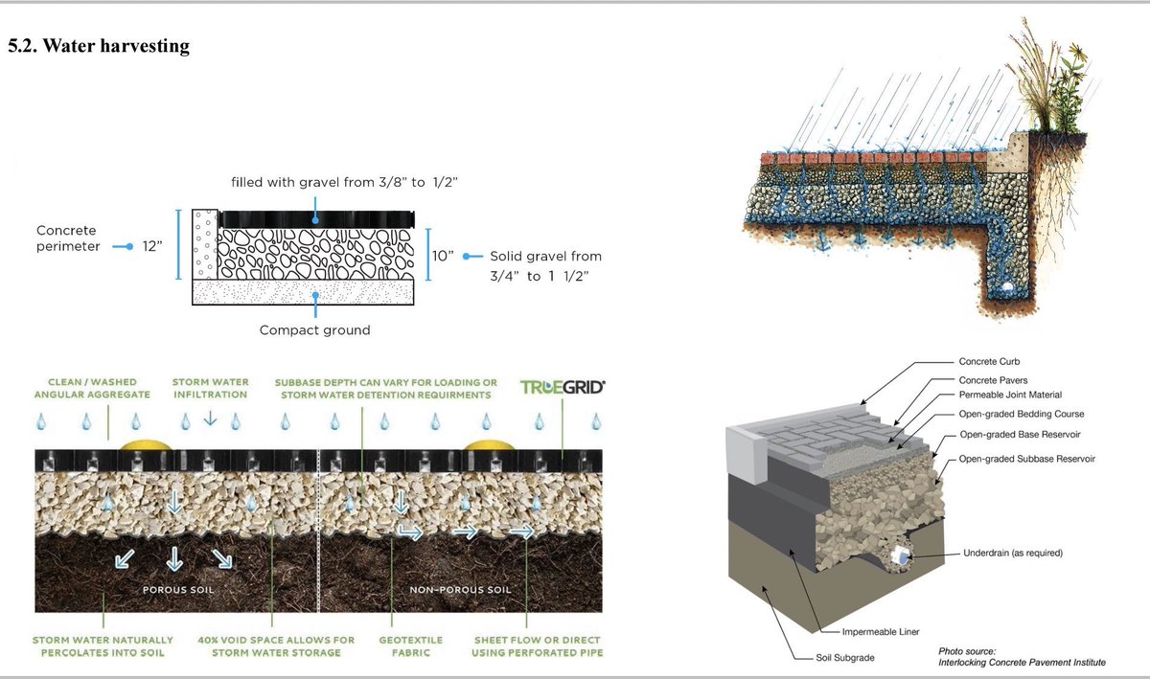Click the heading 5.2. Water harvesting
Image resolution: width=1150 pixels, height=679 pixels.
tap(98, 46)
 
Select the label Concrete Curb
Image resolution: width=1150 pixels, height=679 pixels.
tap(990, 362)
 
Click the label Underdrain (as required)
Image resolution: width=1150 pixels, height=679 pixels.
tap(1013, 554)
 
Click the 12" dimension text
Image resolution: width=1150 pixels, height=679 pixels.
tap(151, 246)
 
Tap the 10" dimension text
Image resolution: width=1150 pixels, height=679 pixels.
tap(443, 256)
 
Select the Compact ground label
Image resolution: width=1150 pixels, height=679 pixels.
tap(314, 330)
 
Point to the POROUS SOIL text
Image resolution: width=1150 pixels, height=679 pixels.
tap(178, 590)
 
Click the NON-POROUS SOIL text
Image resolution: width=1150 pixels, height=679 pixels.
tap(460, 590)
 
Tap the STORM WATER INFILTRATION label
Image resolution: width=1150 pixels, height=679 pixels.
tap(210, 387)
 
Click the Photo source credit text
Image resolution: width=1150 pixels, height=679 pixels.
tap(1022, 657)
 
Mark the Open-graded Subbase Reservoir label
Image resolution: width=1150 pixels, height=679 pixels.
tap(1026, 460)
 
